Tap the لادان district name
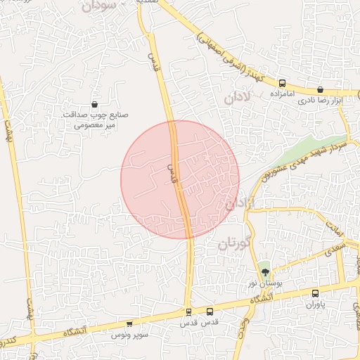coord(237,98)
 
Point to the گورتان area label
coord(233,244)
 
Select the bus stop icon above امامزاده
coord(282,82)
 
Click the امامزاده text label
coord(283,93)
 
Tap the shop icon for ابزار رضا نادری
coord(321,89)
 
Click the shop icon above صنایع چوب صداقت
coord(94,105)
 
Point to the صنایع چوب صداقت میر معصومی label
coord(94,120)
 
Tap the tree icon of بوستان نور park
coord(264,271)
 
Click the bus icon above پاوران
coord(314,294)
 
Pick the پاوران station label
coord(315,305)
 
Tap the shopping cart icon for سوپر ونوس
coord(129,324)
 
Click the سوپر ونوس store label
coord(129,335)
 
